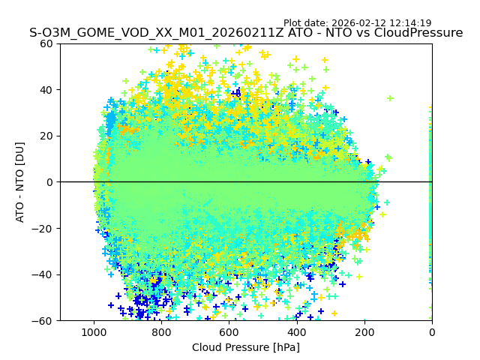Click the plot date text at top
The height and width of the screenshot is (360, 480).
coord(357,23)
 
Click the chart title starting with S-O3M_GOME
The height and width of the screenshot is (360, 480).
coord(246,33)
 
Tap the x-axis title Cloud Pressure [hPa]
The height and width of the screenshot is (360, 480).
coord(246,347)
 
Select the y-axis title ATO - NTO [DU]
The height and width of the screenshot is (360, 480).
coord(20,182)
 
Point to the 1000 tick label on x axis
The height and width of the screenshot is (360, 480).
coord(94,332)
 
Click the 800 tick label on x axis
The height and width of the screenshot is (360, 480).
coord(161,332)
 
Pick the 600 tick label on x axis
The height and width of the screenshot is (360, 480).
coord(229,332)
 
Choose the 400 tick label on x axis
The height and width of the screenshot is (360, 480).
coord(297,332)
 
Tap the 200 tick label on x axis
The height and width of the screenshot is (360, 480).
coord(364,332)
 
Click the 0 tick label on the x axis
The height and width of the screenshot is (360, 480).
coord(432,332)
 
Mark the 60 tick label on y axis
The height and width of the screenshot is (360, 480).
coord(46,43)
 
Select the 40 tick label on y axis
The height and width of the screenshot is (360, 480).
coord(46,90)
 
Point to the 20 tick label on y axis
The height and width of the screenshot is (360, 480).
coord(46,136)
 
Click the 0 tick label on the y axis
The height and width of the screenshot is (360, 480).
coord(49,182)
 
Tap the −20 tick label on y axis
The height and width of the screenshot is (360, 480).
coord(43,229)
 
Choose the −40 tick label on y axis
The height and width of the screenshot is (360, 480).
coord(43,274)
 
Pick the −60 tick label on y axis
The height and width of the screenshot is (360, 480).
coord(43,321)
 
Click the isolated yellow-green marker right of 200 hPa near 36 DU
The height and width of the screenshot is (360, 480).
coord(390,98)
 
